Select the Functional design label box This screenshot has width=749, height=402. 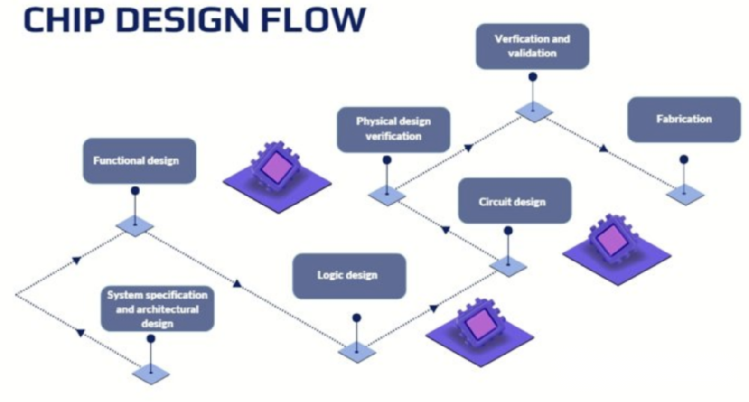[x=139, y=161]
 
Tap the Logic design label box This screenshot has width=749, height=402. [x=349, y=276]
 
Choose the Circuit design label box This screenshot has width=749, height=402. [x=515, y=201]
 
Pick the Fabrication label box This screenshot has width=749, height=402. [x=684, y=119]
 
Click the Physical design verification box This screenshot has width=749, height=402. [x=394, y=130]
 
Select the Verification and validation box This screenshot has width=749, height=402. [x=533, y=46]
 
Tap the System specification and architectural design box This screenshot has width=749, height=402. [x=157, y=309]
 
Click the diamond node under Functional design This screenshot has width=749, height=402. [x=135, y=225]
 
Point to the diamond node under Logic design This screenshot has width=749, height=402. [x=357, y=353]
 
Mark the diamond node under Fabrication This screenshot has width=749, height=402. [x=685, y=195]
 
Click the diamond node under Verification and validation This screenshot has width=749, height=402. [x=533, y=112]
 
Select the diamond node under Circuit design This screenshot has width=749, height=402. [x=508, y=267]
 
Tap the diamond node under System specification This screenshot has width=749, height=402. [x=151, y=374]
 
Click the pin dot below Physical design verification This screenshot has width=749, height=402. [x=387, y=160]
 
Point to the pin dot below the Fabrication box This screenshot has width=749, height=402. [x=684, y=159]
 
